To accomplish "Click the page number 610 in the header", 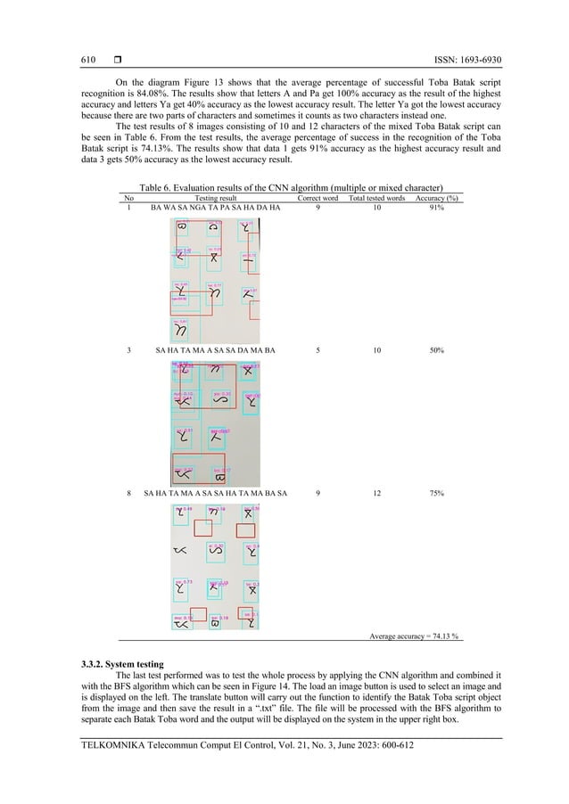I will tap(87, 61).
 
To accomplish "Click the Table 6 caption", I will tap(285, 188).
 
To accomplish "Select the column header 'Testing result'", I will tap(215, 198).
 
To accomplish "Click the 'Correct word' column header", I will tap(317, 198).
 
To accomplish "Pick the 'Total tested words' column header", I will tap(376, 198).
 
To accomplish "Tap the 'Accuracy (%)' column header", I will tap(437, 198).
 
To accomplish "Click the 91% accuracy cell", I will tap(437, 208).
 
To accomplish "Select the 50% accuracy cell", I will tap(437, 350).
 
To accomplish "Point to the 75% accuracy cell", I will tap(437, 492).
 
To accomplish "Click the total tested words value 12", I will tap(376, 492).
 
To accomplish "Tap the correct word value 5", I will tap(318, 350).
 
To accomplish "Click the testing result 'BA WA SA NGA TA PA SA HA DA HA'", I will tap(215, 208).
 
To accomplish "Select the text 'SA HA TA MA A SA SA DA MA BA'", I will tap(215, 350).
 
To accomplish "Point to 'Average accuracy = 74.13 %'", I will tap(414, 636).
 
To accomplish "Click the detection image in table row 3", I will tap(215, 420).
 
